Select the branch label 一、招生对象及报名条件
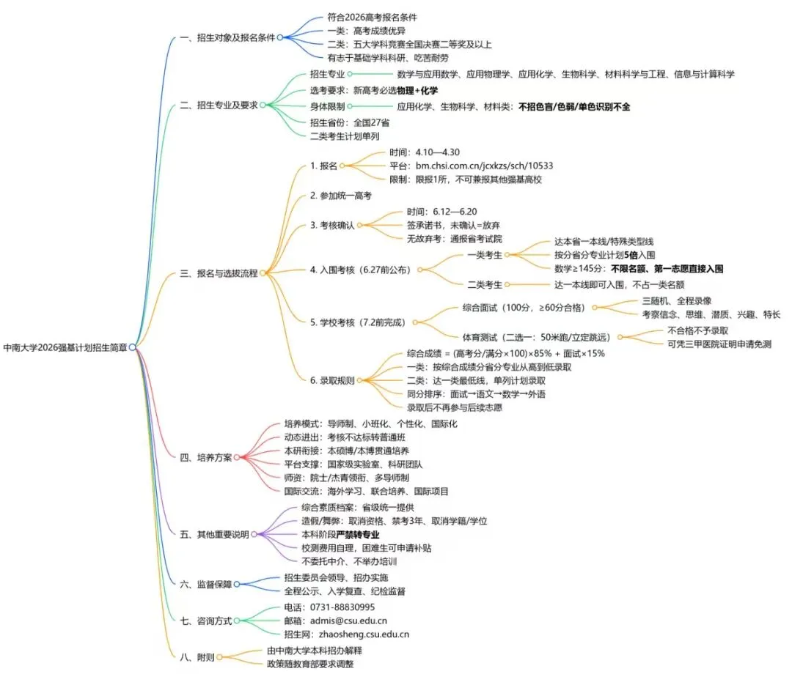227,37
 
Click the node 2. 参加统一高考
340,196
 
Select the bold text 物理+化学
417,90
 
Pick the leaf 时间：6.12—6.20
441,211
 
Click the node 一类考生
484,255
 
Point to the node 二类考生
484,285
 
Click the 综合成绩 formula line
505,353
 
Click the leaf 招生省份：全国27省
345,122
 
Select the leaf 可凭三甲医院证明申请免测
719,344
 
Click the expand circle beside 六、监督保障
237,584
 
